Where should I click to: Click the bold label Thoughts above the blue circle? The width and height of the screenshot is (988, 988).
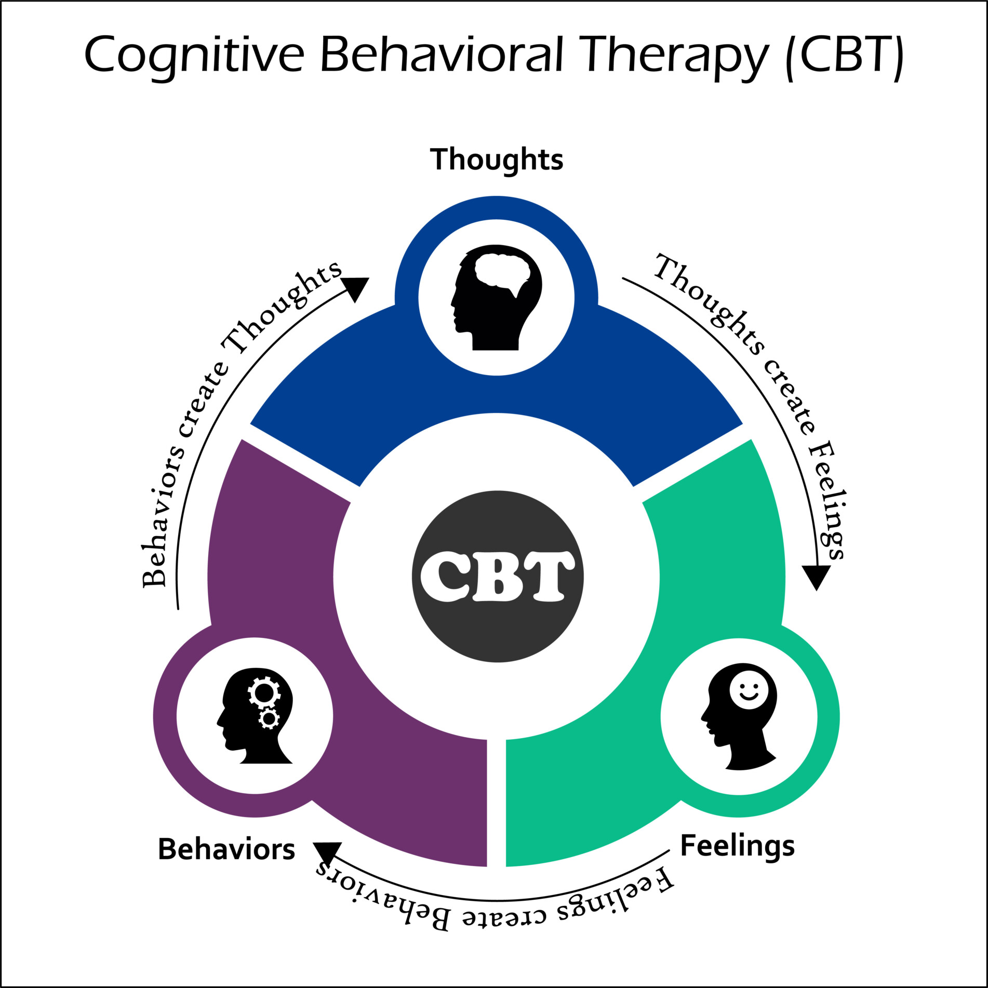pos(497,159)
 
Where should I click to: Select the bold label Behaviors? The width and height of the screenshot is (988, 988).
pos(226,850)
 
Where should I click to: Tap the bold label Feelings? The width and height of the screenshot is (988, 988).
pos(737,846)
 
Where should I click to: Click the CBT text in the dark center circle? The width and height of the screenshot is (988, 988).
pos(497,577)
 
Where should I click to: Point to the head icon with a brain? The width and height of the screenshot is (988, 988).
pos(496,297)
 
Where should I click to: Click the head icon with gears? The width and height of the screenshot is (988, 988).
pos(255,716)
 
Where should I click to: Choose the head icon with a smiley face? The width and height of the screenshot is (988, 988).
pos(739,716)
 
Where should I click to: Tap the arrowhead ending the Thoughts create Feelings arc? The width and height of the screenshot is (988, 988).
pos(816,577)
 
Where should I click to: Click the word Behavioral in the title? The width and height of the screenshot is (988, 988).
pos(442,55)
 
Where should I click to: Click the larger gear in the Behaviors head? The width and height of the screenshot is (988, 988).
pos(264,692)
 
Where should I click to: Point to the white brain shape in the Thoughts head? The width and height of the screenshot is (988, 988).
pos(502,271)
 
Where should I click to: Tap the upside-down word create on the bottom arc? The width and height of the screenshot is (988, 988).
pos(504,916)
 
